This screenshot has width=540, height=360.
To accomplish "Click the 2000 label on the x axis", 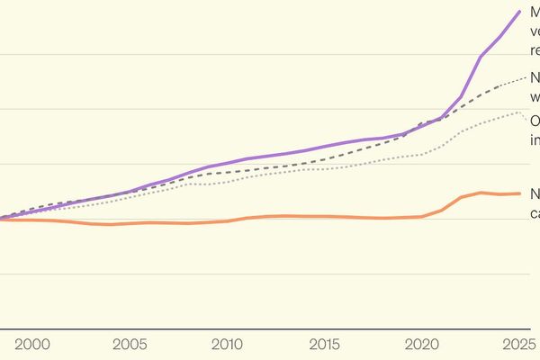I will tap(31, 345).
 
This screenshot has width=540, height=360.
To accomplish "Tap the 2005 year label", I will tap(130, 345).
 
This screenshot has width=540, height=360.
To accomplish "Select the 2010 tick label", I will tap(227, 345).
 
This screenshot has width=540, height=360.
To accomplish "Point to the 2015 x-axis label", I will tap(325, 345).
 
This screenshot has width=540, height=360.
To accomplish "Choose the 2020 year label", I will tap(422, 345).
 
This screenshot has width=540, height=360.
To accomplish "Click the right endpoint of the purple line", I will tap(520, 12).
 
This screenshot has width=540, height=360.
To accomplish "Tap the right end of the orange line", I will tap(520, 193).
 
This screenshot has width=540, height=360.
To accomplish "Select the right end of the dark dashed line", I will tap(526, 78).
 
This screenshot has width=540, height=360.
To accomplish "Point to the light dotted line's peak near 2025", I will tap(519, 112).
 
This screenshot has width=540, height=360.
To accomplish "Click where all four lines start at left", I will tap(3, 218).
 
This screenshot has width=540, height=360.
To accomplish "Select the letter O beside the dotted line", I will tap(535, 121).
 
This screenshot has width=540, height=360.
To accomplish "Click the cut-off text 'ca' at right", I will tap(534, 213).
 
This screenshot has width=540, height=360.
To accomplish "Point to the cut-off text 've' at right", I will tap(535, 31).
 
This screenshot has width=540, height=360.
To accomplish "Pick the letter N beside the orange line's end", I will tap(535, 194).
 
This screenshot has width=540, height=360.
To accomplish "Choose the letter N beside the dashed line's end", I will tap(535, 77).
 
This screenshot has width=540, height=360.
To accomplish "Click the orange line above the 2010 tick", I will tap(227, 220).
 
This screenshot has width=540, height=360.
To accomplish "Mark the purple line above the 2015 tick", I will tap(325, 146).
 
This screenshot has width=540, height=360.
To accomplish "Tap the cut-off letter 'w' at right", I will tap(535, 95).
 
